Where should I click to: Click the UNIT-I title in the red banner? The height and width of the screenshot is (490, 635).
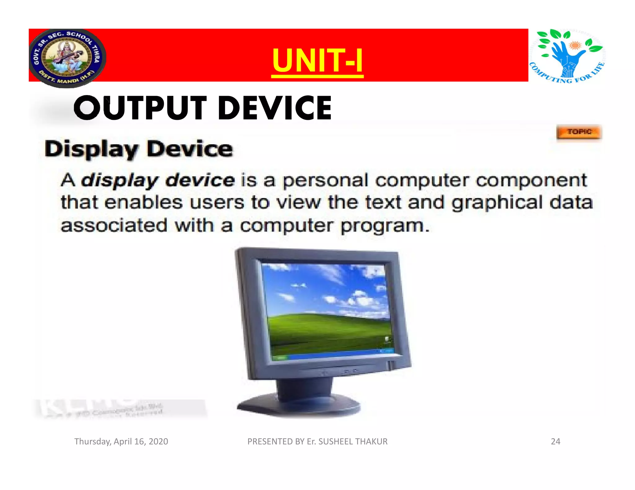[x=317, y=60]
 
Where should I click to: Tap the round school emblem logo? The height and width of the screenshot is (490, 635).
[x=67, y=58]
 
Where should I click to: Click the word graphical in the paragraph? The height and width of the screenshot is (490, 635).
[x=497, y=203]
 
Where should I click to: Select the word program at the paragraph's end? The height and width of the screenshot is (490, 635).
[x=384, y=226]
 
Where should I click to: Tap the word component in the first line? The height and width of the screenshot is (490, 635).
[x=531, y=181]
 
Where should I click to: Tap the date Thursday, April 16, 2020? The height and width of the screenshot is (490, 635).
[x=121, y=441]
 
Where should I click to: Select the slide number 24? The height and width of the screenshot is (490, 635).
[x=555, y=441]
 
